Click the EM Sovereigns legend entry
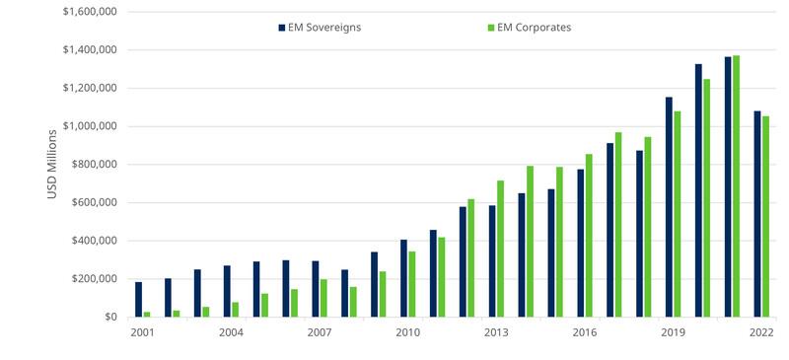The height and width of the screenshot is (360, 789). (320, 28)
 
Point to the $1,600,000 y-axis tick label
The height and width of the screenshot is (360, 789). (90, 11)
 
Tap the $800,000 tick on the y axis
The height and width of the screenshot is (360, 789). (94, 164)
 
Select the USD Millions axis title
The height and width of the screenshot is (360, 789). (52, 164)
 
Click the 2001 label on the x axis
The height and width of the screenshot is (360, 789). (142, 332)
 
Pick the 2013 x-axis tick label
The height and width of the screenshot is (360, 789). (496, 332)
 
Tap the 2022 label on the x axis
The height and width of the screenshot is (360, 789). (761, 332)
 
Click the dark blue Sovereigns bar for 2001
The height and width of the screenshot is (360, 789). (138, 300)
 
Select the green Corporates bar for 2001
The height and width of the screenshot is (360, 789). (147, 315)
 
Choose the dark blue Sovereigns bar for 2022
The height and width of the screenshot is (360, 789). (757, 214)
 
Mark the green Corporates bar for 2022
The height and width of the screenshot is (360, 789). (766, 217)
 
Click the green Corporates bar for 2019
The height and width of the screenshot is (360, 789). (678, 214)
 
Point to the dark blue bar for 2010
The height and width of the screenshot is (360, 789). (403, 278)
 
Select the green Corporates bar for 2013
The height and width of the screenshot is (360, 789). (500, 249)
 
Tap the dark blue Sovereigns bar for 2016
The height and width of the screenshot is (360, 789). (581, 244)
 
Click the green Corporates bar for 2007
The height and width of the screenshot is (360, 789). (323, 298)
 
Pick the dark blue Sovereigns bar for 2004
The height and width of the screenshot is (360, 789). (227, 292)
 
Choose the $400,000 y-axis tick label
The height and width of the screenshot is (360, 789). (94, 241)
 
